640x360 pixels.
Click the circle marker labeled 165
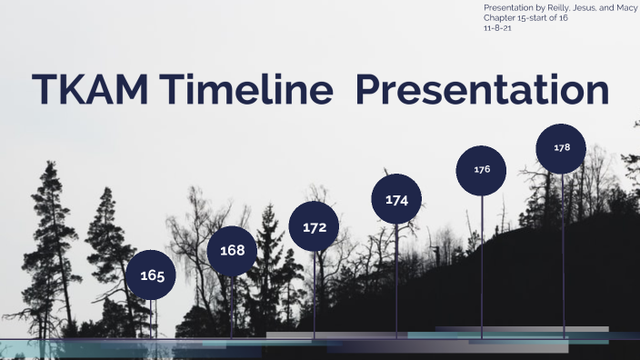(x=153, y=275)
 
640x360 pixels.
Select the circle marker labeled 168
(x=233, y=250)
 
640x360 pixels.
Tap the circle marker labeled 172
(x=315, y=226)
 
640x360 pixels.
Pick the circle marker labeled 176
(x=482, y=170)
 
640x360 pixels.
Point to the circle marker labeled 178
(x=562, y=147)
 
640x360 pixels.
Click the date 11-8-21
(x=497, y=28)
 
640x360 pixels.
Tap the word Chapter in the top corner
(x=500, y=18)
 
